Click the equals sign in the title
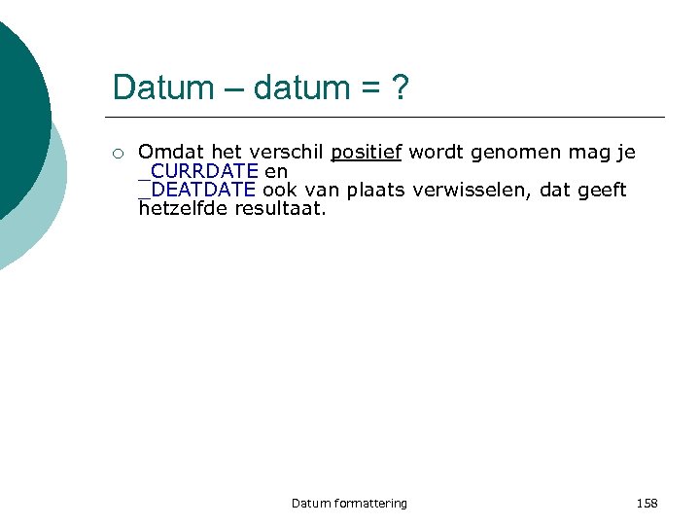coord(370,88)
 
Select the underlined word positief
coord(367,153)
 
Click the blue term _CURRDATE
coord(198,171)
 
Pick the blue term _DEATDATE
coord(197,190)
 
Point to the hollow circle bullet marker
coord(117,153)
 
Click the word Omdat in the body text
coord(166,153)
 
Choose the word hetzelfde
coord(183,208)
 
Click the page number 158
coord(647,503)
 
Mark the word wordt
coord(436,153)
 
